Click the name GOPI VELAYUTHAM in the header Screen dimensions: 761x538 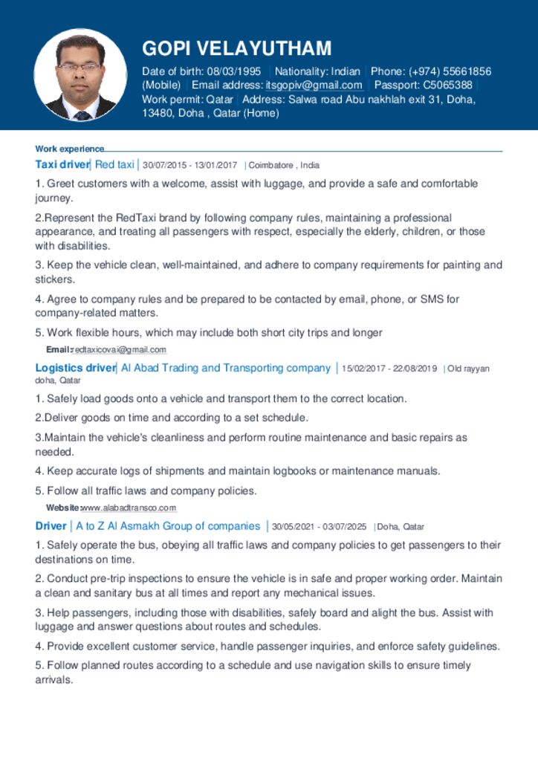[x=236, y=48]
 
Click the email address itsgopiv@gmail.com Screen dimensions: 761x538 [x=314, y=85]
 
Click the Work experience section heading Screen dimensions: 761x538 [x=70, y=149]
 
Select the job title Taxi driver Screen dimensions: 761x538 [x=62, y=164]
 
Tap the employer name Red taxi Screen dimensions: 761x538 [x=114, y=164]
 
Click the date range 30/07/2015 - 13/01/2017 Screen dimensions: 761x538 [x=189, y=165]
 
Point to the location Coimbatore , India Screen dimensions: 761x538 [x=284, y=165]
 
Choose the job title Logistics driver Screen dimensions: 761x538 [x=75, y=368]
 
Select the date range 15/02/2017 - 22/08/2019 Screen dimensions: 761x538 [x=389, y=369]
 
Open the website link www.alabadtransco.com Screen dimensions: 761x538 [x=129, y=508]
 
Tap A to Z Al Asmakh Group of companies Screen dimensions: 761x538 [x=168, y=526]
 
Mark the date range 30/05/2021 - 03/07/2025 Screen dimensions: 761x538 [x=320, y=527]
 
